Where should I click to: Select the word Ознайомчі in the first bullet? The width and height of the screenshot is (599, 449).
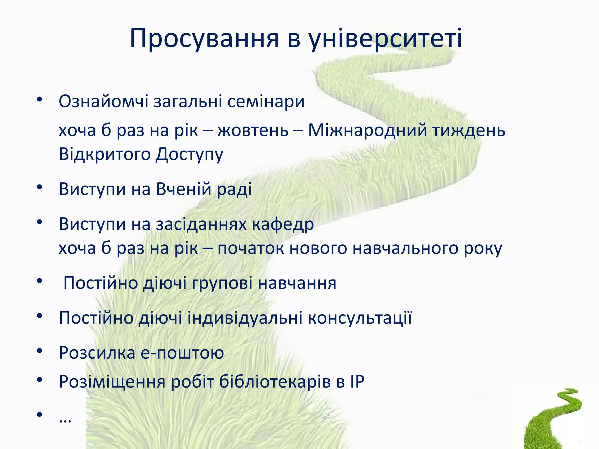click(x=104, y=101)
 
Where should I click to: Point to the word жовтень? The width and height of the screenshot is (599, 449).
click(x=253, y=130)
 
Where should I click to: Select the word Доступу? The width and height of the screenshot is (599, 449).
click(x=189, y=154)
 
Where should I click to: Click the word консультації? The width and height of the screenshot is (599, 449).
click(x=360, y=318)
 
